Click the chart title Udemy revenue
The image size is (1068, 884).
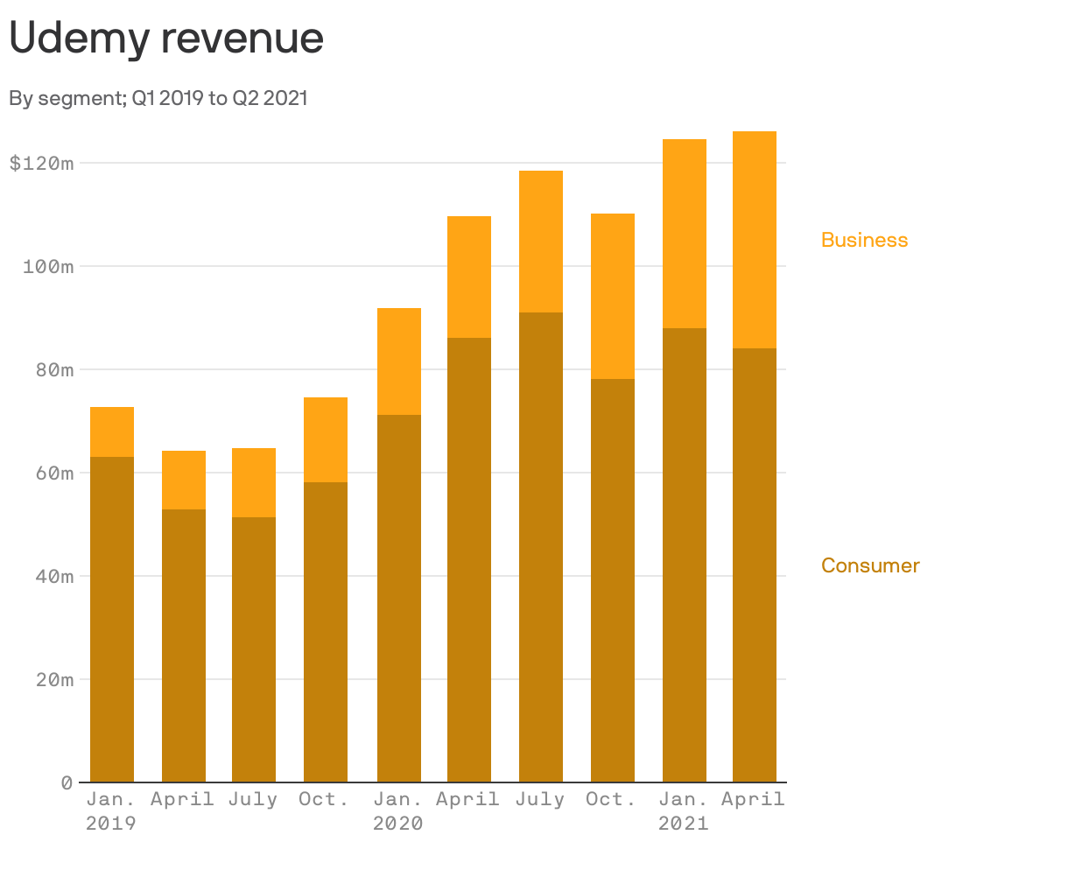click(x=166, y=39)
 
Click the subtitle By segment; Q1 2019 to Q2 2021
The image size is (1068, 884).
click(x=158, y=98)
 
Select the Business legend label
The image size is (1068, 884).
click(x=864, y=240)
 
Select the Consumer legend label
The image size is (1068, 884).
click(x=870, y=565)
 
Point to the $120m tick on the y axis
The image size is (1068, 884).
click(x=41, y=164)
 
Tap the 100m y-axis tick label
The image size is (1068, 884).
click(x=47, y=267)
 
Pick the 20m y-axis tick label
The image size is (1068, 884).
click(x=54, y=680)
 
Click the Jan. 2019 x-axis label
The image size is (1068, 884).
click(x=111, y=811)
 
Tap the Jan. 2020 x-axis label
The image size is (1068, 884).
click(x=398, y=811)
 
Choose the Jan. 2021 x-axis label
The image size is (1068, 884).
click(x=684, y=811)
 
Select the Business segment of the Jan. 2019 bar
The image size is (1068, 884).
click(x=112, y=431)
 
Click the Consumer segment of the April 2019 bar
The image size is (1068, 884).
click(x=184, y=645)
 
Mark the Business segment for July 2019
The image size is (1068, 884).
click(x=254, y=482)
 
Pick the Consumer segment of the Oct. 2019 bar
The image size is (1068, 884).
click(x=326, y=632)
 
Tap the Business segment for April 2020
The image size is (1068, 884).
click(x=469, y=277)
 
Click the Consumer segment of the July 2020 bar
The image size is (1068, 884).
click(x=541, y=547)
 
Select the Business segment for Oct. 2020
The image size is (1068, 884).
click(x=613, y=296)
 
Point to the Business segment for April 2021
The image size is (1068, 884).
click(x=755, y=240)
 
